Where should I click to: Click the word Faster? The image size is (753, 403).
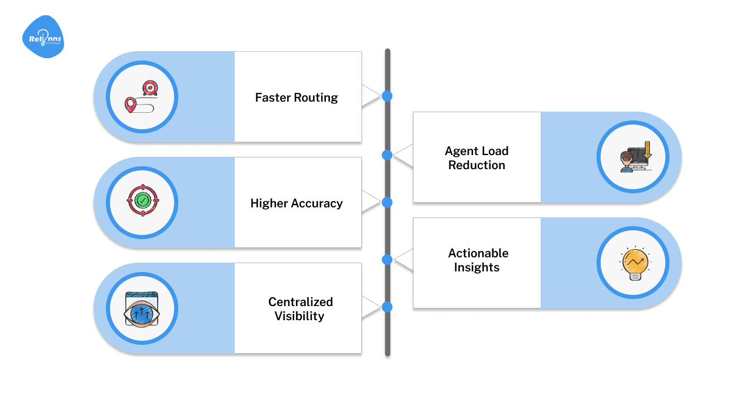[x=274, y=98]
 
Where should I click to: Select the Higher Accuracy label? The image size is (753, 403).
[x=296, y=203]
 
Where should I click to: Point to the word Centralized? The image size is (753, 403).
[x=301, y=302]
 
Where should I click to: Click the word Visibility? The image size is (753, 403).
[x=299, y=316]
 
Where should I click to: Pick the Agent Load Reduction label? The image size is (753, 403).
[x=477, y=158]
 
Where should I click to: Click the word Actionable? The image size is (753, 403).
[x=478, y=253]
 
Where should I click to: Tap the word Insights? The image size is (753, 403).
[x=477, y=267]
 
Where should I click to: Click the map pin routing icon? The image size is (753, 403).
[x=142, y=97]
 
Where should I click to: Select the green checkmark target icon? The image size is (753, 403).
[x=142, y=201]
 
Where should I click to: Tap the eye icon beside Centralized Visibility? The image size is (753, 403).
[x=142, y=310]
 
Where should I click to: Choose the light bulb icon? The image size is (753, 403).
[x=633, y=263]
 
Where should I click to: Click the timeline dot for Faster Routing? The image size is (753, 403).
[x=387, y=96]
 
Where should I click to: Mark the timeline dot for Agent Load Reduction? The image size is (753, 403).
[x=387, y=155]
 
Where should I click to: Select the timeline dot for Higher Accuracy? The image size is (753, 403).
[x=387, y=202]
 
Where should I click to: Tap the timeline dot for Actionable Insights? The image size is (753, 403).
[x=387, y=259]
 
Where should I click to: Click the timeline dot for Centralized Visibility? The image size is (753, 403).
[x=387, y=307]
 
